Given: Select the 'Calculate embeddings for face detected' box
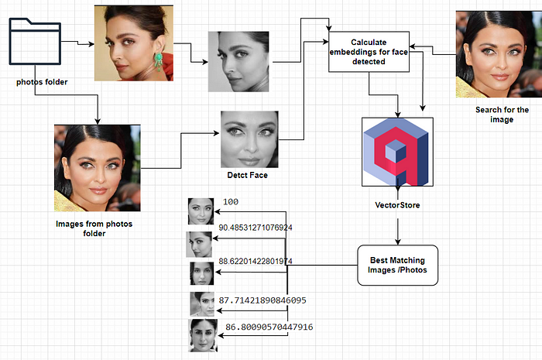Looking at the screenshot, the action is pyautogui.click(x=368, y=51).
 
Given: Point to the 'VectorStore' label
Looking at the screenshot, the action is pyautogui.click(x=398, y=205).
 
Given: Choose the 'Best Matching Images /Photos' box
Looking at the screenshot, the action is pyautogui.click(x=397, y=266).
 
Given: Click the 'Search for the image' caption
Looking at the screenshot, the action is pyautogui.click(x=503, y=115).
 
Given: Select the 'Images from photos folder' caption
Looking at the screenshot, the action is pyautogui.click(x=94, y=228).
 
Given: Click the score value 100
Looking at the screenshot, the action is pyautogui.click(x=231, y=202).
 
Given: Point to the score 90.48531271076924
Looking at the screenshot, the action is pyautogui.click(x=256, y=228).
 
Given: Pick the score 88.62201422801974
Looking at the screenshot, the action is pyautogui.click(x=256, y=262).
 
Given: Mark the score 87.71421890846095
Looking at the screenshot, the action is pyautogui.click(x=262, y=299).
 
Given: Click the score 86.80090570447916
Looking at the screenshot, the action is pyautogui.click(x=269, y=327).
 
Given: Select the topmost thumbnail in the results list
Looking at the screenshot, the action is pyautogui.click(x=201, y=211).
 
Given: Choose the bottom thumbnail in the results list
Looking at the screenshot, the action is pyautogui.click(x=202, y=335).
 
